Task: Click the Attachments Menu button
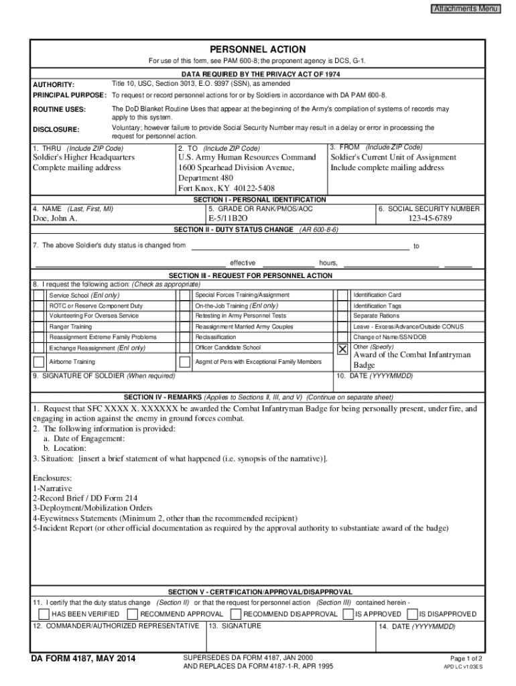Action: (x=466, y=9)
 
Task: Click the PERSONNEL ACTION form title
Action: (x=257, y=50)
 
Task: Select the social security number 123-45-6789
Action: (x=429, y=219)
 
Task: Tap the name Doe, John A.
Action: (x=55, y=219)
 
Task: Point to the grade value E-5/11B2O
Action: (x=228, y=219)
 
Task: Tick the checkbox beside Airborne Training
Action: (x=39, y=362)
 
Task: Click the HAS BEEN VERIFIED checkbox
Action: (x=44, y=614)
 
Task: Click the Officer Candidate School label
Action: (x=228, y=348)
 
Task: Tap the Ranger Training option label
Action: (x=71, y=327)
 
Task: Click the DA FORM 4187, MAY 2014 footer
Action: (x=83, y=660)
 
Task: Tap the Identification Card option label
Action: (x=377, y=295)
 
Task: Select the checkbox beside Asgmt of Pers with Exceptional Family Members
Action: (x=184, y=362)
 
